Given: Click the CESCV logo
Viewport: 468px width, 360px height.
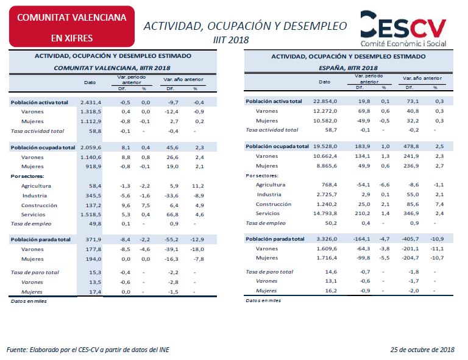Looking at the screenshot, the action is pyautogui.click(x=403, y=29).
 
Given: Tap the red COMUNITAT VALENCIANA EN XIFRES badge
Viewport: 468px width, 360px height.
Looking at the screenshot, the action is pyautogui.click(x=72, y=27).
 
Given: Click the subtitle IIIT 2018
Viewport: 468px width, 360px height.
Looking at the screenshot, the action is pyautogui.click(x=231, y=40).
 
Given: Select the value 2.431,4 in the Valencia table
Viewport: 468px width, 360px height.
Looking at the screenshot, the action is pyautogui.click(x=91, y=102).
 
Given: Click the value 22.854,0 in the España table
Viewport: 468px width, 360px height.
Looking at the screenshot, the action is pyautogui.click(x=325, y=101).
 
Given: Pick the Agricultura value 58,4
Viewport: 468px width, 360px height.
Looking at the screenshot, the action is pyautogui.click(x=95, y=186).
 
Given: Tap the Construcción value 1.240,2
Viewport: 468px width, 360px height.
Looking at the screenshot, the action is pyautogui.click(x=327, y=204).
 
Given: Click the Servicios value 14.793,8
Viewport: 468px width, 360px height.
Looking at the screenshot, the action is pyautogui.click(x=325, y=213).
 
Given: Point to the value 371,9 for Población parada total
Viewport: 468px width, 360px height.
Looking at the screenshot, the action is pyautogui.click(x=93, y=239).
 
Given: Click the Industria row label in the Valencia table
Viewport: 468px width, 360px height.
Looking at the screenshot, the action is pyautogui.click(x=35, y=196).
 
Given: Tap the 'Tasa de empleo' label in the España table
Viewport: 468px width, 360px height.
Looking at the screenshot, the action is pyautogui.click(x=266, y=223).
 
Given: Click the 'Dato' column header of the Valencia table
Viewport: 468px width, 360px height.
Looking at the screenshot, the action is pyautogui.click(x=90, y=82).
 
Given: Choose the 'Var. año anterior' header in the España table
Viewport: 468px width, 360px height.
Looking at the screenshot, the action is pyautogui.click(x=422, y=78).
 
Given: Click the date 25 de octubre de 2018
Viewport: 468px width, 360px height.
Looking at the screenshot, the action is pyautogui.click(x=422, y=350).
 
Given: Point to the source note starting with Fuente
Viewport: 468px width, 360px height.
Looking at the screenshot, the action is pyautogui.click(x=88, y=350).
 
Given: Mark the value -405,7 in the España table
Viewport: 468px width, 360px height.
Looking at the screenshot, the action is pyautogui.click(x=410, y=239).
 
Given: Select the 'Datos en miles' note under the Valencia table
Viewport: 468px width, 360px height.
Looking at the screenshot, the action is pyautogui.click(x=29, y=302).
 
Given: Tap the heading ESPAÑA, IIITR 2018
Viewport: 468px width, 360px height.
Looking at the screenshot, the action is pyautogui.click(x=348, y=68).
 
